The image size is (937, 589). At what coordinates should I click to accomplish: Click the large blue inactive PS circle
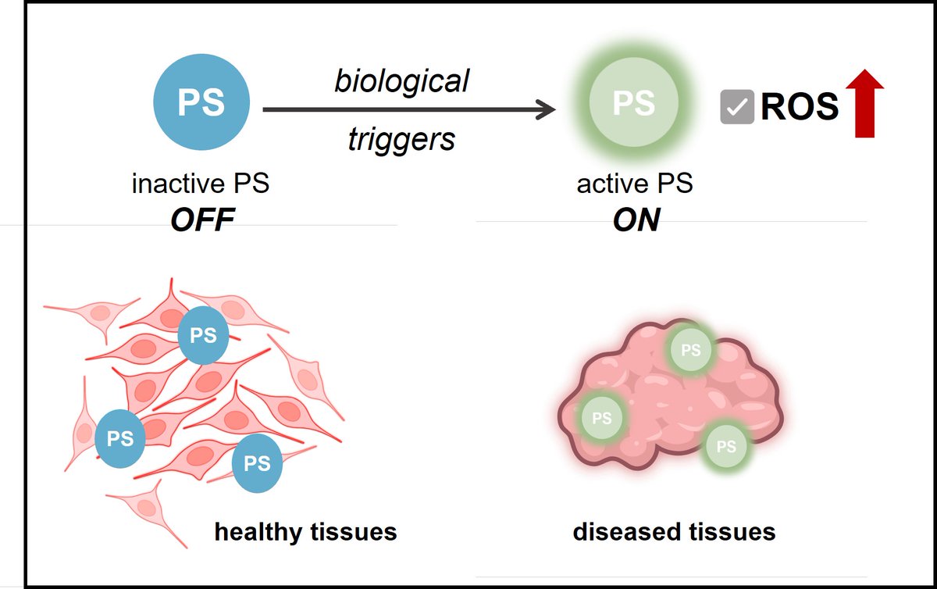tap(201, 103)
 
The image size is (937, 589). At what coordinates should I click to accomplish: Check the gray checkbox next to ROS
tap(737, 107)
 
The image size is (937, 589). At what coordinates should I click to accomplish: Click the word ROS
tap(800, 107)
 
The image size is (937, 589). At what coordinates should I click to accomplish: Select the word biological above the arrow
tap(402, 80)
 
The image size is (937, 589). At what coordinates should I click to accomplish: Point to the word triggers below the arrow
tap(401, 140)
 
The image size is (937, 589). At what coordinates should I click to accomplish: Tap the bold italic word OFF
tap(202, 220)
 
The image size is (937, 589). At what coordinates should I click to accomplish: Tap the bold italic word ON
tap(636, 220)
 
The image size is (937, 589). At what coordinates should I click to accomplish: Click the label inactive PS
tap(201, 184)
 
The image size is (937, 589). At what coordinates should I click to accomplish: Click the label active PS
tap(635, 184)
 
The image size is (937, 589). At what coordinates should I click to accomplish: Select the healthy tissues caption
tap(305, 533)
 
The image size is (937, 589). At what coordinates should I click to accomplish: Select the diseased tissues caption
tap(674, 533)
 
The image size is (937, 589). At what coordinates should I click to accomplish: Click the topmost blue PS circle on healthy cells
tap(203, 336)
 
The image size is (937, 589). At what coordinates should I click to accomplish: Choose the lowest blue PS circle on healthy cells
tap(257, 463)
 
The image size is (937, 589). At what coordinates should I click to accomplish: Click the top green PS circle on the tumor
tap(691, 350)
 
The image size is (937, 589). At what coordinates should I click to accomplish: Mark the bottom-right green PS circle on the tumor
tap(726, 447)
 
